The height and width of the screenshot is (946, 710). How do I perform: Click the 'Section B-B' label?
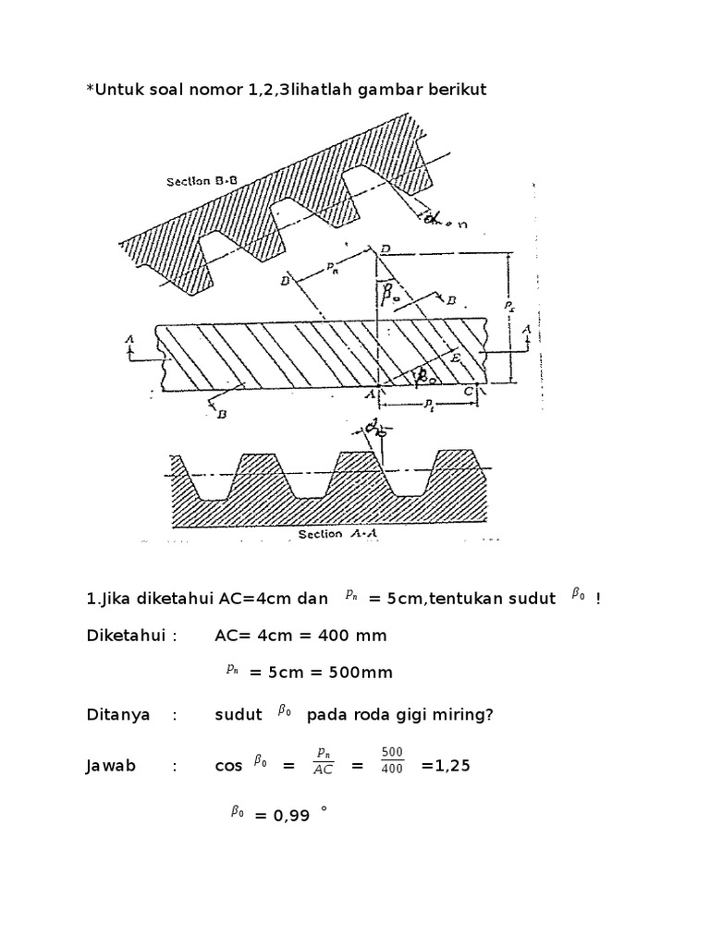(x=202, y=182)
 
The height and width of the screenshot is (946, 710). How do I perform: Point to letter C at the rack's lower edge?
(x=470, y=392)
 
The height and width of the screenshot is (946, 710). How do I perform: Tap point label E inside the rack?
(x=456, y=353)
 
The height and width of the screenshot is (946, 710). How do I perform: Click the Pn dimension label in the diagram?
(x=331, y=267)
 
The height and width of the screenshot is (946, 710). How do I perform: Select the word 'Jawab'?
(x=111, y=766)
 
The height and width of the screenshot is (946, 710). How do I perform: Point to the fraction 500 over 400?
(x=392, y=761)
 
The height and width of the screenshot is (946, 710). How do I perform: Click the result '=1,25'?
(x=439, y=766)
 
